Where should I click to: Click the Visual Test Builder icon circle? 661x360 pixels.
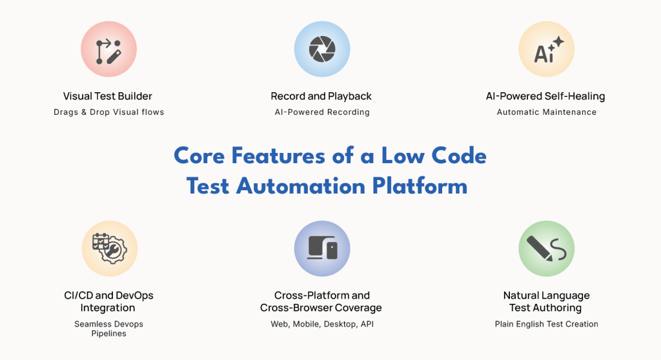[108, 50]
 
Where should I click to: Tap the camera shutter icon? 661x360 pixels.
[321, 50]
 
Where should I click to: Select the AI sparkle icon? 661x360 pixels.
[546, 50]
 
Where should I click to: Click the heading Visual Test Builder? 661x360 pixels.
[108, 96]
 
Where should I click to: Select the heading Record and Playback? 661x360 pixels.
[321, 96]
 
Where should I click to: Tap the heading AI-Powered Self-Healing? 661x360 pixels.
[545, 96]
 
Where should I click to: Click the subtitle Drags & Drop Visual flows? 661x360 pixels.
[108, 112]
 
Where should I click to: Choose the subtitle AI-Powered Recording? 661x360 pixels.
[321, 112]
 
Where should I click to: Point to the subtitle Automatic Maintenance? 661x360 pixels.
[546, 112]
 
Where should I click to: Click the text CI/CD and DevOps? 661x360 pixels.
[108, 295]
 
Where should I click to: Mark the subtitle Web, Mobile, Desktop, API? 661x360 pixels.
[321, 324]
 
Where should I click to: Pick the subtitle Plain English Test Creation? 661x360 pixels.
[546, 324]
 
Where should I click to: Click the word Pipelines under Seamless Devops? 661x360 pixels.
[108, 334]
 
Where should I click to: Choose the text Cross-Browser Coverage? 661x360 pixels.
[321, 308]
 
